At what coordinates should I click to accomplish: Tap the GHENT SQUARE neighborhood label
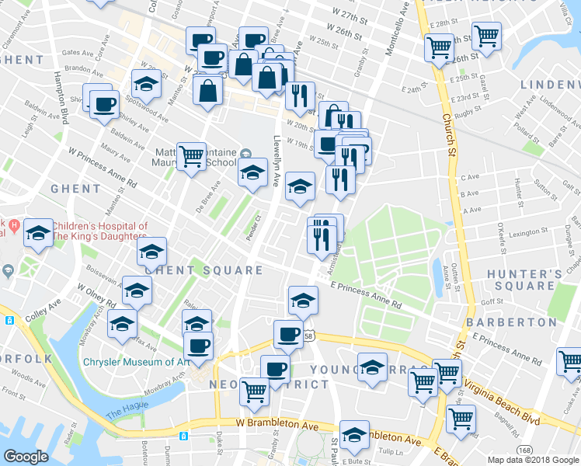pyautogui.click(x=204, y=270)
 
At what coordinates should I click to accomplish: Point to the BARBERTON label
pyautogui.click(x=512, y=322)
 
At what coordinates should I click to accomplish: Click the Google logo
pyautogui.click(x=26, y=456)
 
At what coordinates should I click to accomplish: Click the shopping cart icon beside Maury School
pyautogui.click(x=191, y=156)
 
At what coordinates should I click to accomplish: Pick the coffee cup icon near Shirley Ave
pyautogui.click(x=104, y=103)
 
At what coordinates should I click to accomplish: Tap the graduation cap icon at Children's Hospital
pyautogui.click(x=38, y=231)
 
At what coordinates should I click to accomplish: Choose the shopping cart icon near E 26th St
pyautogui.click(x=486, y=35)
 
